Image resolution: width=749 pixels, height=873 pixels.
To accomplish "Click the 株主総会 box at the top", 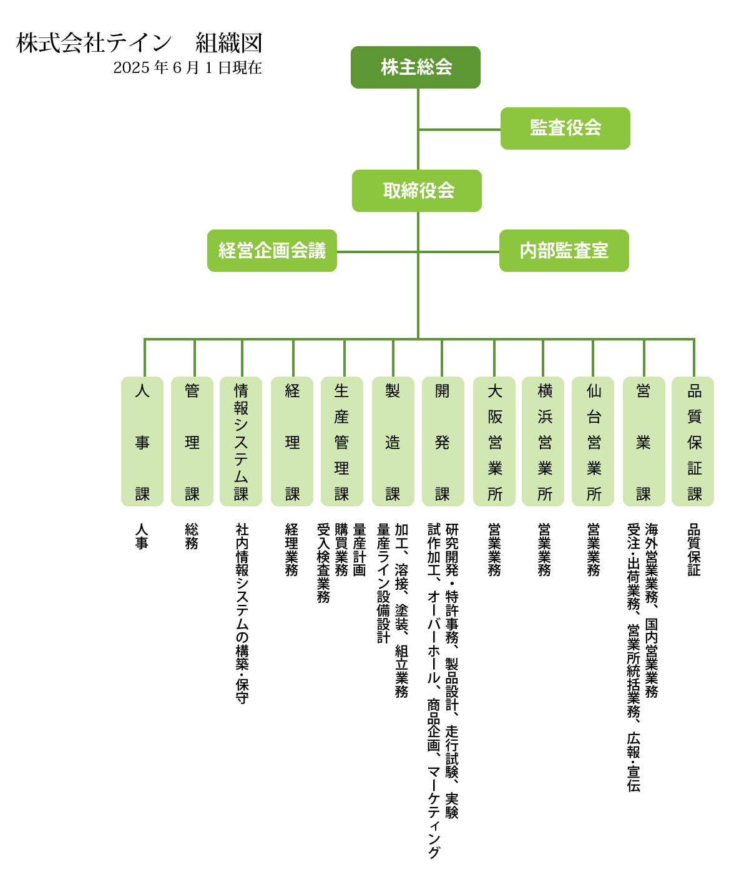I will [x=415, y=67].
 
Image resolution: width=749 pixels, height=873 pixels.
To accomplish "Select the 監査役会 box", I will [x=565, y=128].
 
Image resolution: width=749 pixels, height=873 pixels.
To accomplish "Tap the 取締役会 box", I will [x=416, y=191].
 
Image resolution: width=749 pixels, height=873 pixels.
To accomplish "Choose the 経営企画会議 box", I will [x=272, y=251].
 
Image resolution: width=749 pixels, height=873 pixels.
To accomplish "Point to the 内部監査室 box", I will [x=564, y=251].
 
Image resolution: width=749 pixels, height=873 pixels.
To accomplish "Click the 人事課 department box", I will [x=142, y=441].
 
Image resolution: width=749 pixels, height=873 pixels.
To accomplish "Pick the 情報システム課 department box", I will [x=242, y=441].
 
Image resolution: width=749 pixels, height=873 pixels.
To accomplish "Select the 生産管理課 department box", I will [x=341, y=441].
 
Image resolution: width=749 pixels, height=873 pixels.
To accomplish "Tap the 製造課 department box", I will [x=393, y=441].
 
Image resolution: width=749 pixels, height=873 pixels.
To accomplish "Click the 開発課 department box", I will [x=443, y=441].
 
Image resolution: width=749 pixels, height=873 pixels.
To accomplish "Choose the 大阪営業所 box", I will [x=494, y=441].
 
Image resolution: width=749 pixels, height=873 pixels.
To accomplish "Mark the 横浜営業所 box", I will [x=544, y=441].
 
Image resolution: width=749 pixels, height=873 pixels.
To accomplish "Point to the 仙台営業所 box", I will [x=594, y=441].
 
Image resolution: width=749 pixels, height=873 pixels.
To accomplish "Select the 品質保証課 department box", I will [x=693, y=441].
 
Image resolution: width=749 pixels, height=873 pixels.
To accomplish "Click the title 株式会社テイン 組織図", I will [x=139, y=44].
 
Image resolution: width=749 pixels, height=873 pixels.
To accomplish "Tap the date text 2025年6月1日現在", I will [x=187, y=67].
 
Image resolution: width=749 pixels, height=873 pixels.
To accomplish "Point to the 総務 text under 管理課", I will [x=192, y=536].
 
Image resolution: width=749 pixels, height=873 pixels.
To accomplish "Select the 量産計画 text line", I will [x=359, y=549].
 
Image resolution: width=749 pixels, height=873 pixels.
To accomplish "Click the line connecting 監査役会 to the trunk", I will [x=459, y=130].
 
